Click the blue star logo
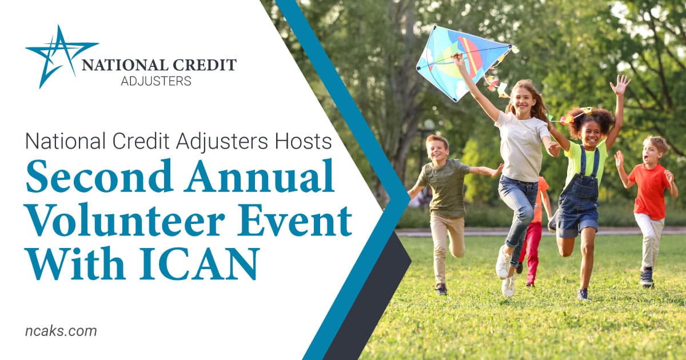59,57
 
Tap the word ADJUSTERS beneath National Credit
156,81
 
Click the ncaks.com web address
61,331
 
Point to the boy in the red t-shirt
646,211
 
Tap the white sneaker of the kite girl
503,262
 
